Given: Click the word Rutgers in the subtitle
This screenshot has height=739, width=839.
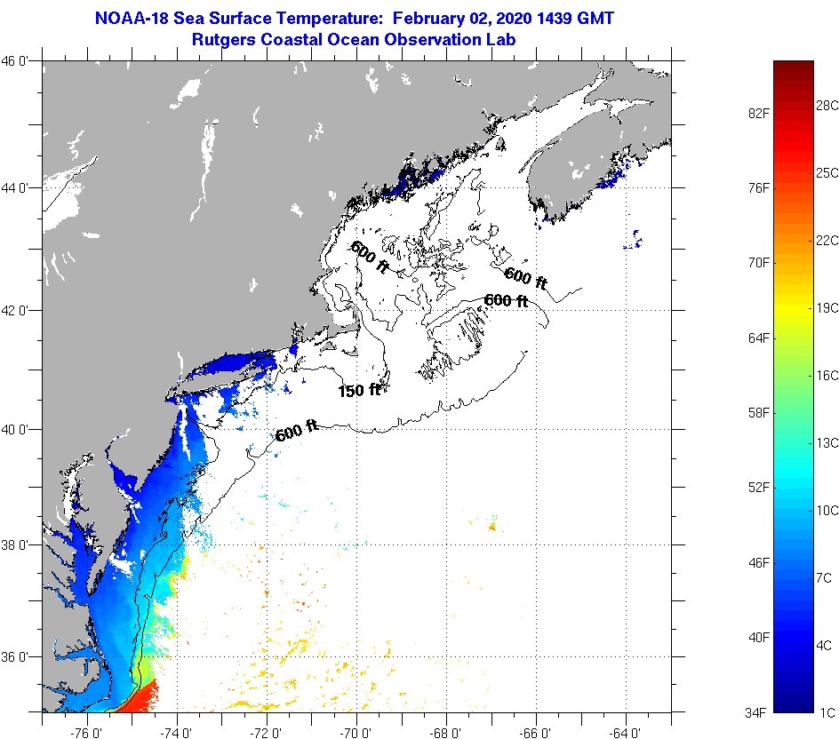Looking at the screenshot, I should pos(223,40).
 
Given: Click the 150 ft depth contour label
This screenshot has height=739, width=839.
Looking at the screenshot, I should pos(359,390).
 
